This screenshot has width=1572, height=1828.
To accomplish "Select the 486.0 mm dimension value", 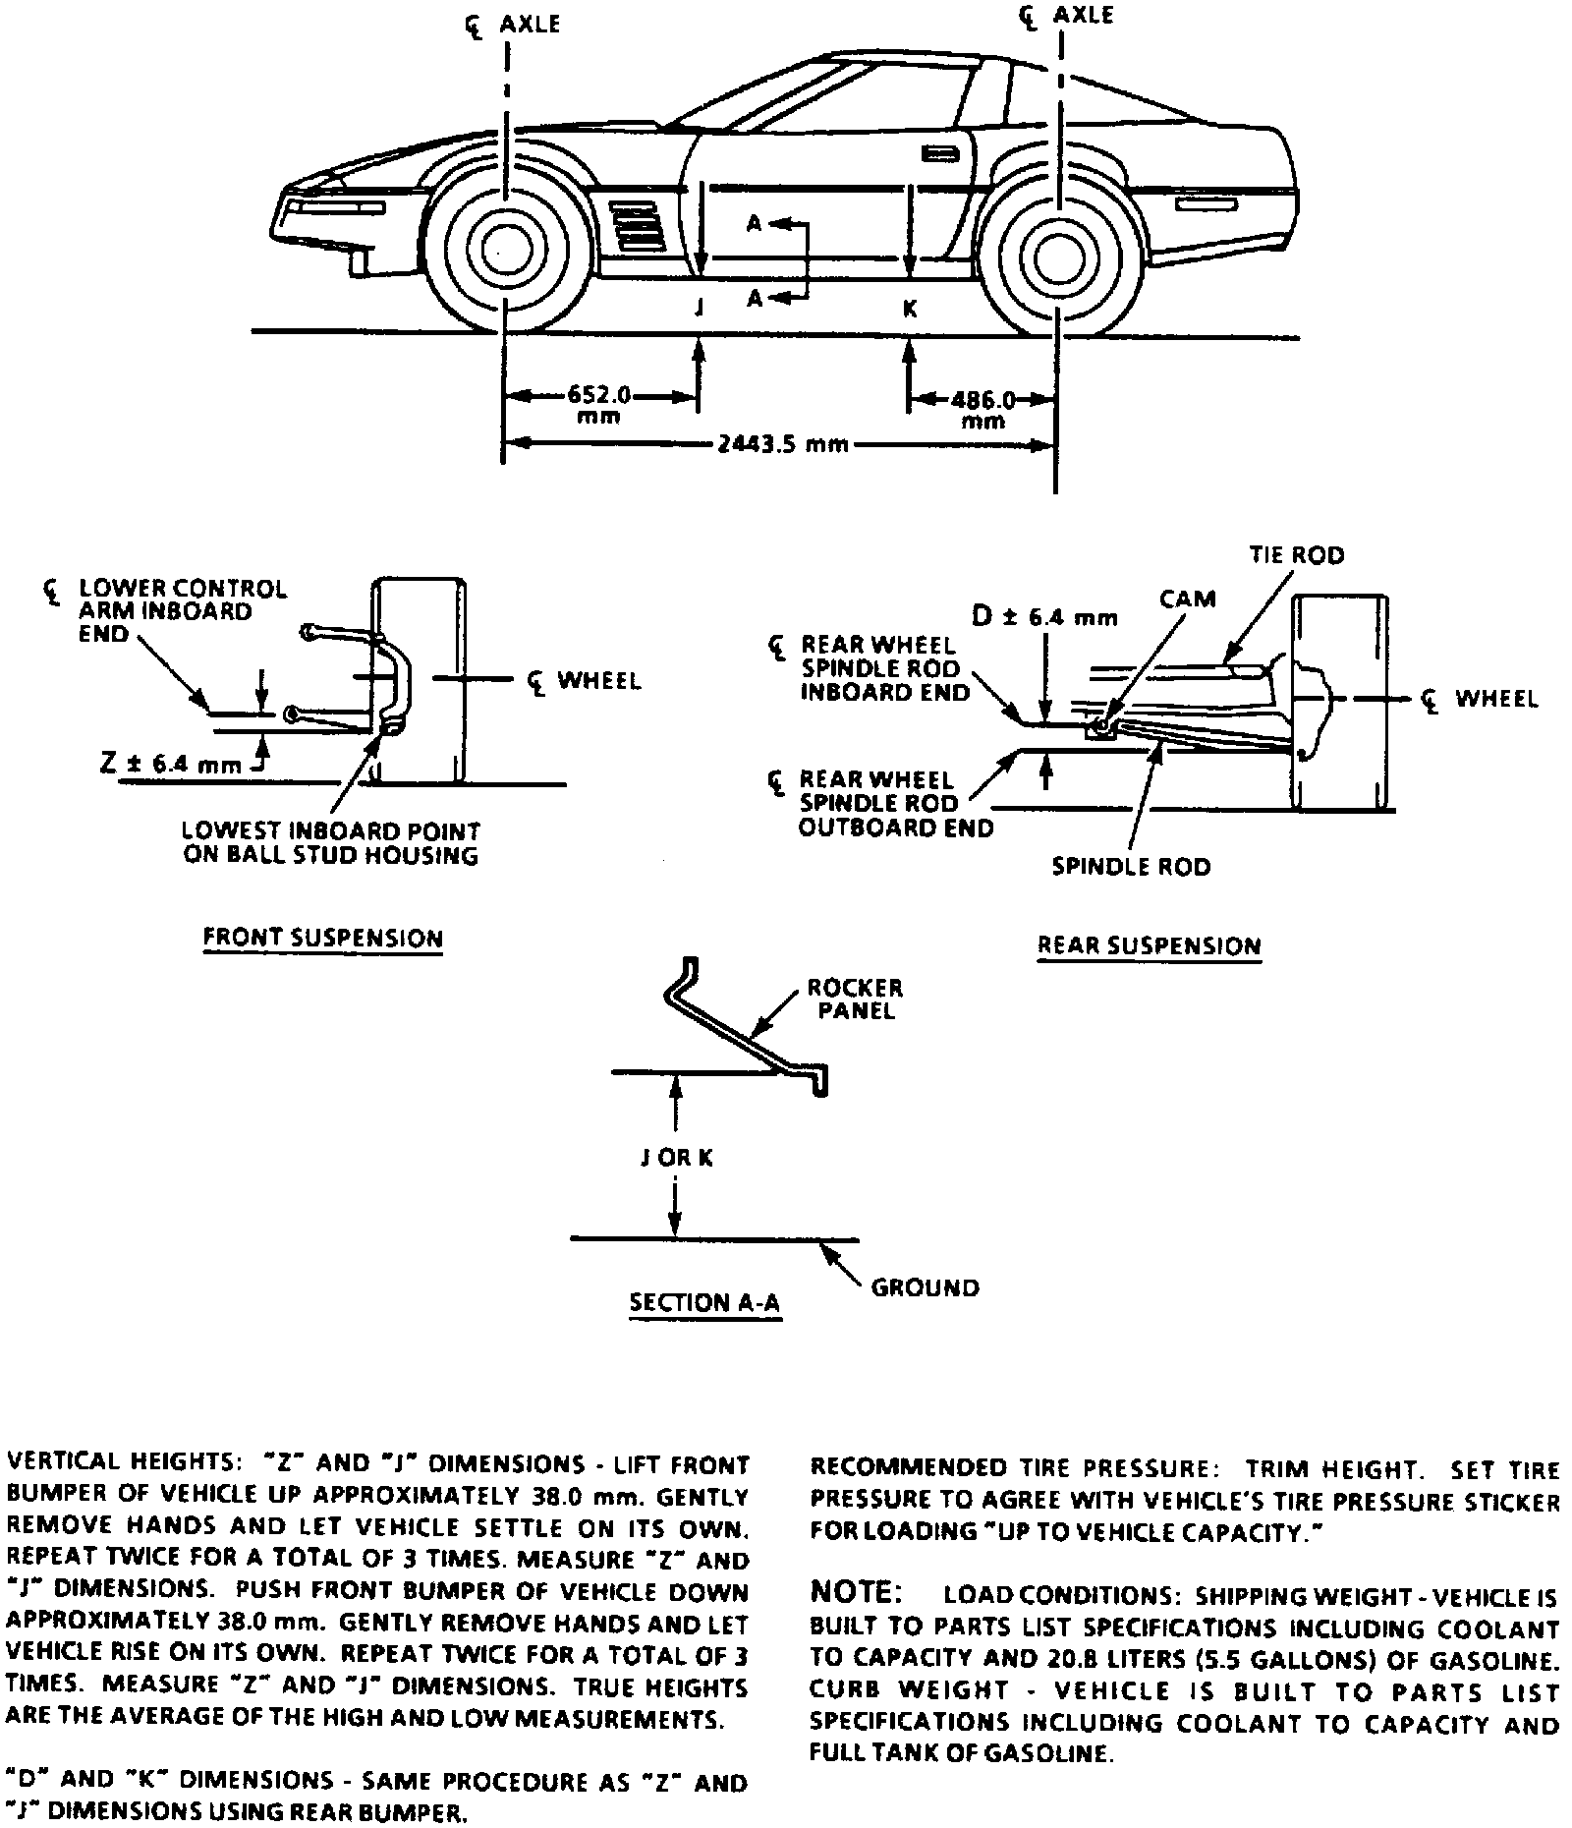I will click(982, 409).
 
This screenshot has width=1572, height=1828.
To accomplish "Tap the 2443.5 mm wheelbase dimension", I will click(782, 443).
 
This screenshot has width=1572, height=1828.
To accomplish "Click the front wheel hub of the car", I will click(505, 252).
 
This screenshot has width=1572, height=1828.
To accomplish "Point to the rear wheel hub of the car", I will click(1057, 254).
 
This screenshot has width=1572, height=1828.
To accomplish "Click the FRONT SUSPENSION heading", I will click(322, 938).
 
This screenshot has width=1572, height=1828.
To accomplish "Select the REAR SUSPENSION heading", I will click(1149, 945).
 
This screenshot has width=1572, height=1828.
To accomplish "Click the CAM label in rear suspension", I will click(1187, 599).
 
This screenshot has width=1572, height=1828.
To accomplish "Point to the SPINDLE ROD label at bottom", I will click(1131, 867).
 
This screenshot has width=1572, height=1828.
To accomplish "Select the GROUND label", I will click(925, 1286).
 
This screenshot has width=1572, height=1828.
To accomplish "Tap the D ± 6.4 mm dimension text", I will click(1044, 617).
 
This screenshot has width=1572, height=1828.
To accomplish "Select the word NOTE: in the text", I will click(854, 1591).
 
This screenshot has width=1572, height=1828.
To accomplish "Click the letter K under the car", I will click(910, 309).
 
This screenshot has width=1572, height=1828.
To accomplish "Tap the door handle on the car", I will click(941, 153).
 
